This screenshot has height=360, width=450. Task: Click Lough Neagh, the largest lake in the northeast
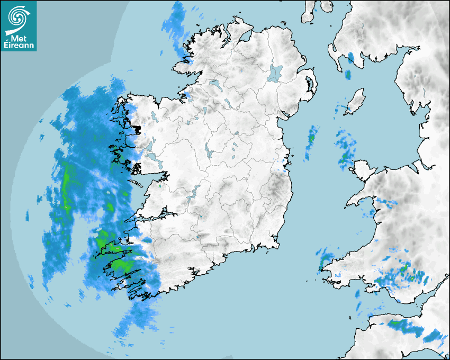click(x=275, y=73)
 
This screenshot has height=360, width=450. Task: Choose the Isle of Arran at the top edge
click(x=309, y=11)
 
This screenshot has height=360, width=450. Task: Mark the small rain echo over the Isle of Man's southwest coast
click(x=347, y=110)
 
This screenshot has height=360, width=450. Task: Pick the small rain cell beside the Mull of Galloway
click(x=348, y=75)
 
